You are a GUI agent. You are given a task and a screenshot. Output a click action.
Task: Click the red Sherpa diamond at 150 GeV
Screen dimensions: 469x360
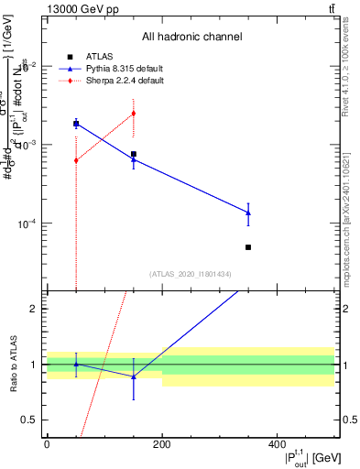click(134, 114)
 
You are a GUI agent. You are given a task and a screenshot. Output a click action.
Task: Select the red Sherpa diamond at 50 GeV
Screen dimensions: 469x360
click(76, 160)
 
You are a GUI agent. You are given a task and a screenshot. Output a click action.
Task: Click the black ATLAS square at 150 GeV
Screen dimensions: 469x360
click(134, 154)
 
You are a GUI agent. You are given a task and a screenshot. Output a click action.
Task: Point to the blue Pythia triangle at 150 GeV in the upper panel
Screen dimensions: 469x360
click(134, 159)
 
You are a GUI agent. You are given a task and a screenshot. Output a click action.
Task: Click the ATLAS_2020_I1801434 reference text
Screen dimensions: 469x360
click(191, 274)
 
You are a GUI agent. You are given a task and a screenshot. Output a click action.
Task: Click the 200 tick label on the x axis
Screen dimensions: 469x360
click(162, 444)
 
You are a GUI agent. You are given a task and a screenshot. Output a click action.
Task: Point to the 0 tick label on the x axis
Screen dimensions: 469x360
click(47, 444)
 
